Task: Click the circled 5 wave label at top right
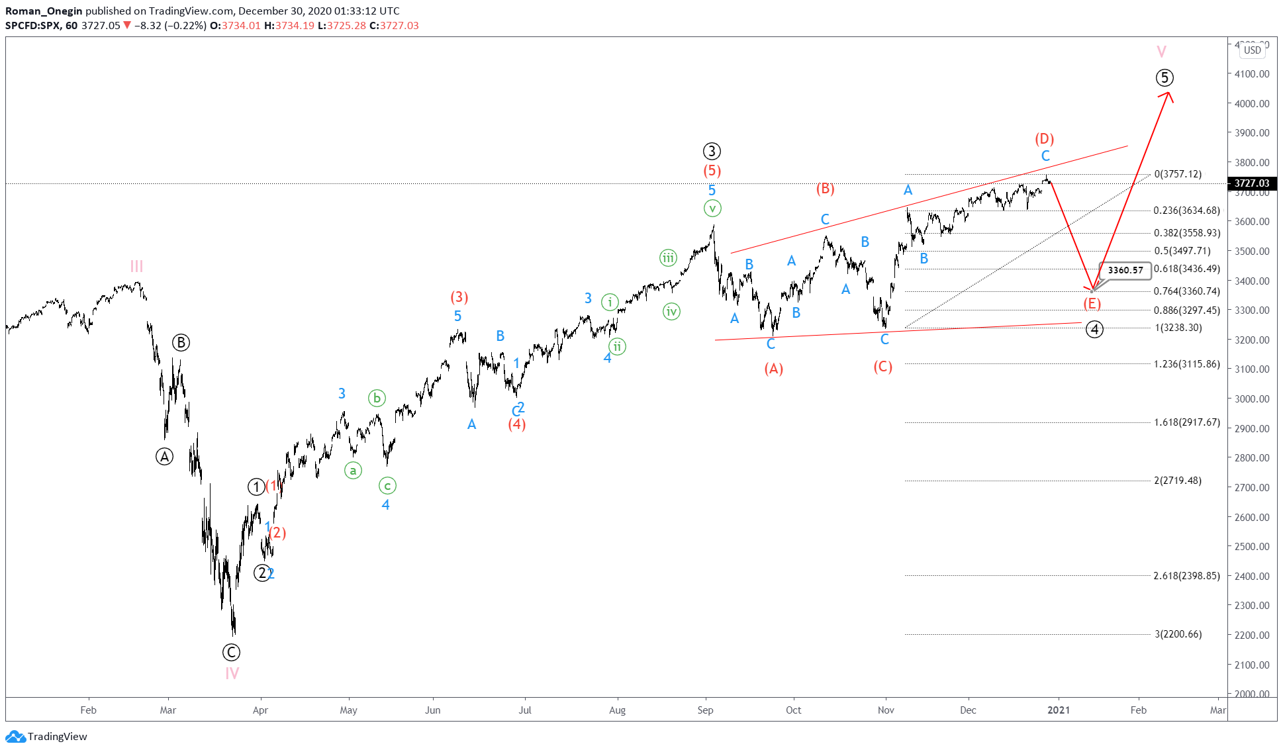[x=1164, y=77]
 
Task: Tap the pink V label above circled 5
[x=1161, y=52]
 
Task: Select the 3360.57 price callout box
[x=1125, y=270]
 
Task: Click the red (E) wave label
[x=1092, y=303]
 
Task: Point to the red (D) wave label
[x=1044, y=138]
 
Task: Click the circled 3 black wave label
[x=712, y=151]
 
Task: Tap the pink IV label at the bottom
[x=232, y=673]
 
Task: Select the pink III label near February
[x=136, y=266]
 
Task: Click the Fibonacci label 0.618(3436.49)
[x=1186, y=269]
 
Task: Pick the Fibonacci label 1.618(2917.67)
[x=1186, y=422]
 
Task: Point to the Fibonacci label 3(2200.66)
[x=1178, y=634]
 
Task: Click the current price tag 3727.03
[x=1251, y=183]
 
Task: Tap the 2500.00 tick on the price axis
[x=1251, y=547]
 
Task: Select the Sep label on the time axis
[x=705, y=710]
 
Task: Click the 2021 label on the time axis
[x=1058, y=710]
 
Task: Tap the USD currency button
[x=1252, y=50]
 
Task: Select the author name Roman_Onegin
[x=44, y=11]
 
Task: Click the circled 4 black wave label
[x=1094, y=329]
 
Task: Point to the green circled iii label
[x=668, y=258]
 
